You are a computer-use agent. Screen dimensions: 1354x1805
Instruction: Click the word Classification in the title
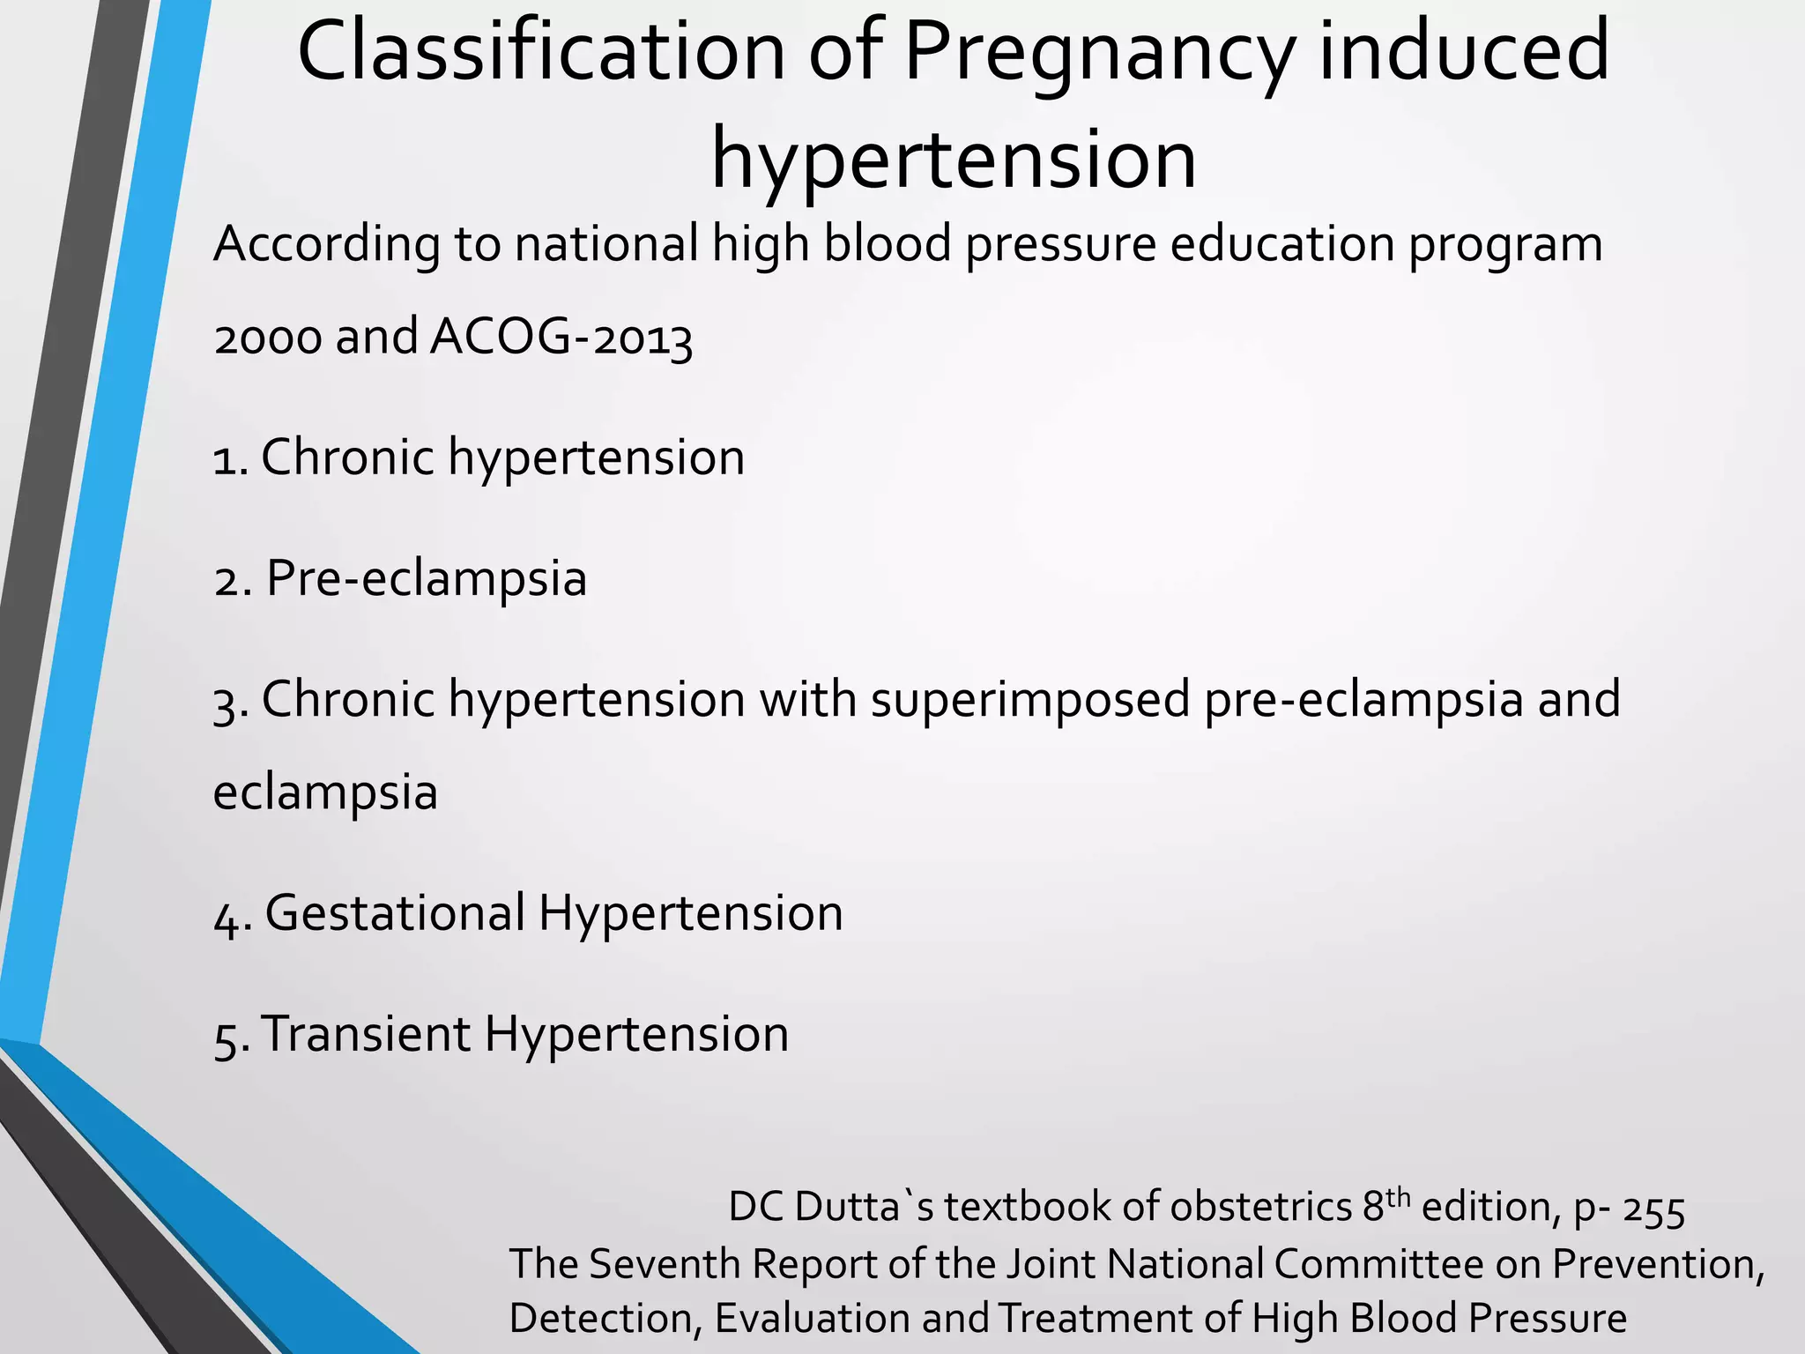tap(541, 53)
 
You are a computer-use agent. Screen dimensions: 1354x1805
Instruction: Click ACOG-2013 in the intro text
tap(561, 338)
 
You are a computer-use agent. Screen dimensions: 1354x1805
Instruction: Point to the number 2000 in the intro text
tap(268, 338)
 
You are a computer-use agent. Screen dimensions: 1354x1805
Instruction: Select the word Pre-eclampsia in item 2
tap(426, 579)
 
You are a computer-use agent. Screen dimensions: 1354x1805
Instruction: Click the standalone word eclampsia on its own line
tap(325, 792)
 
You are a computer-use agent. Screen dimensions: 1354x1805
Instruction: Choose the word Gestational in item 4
tap(395, 913)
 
